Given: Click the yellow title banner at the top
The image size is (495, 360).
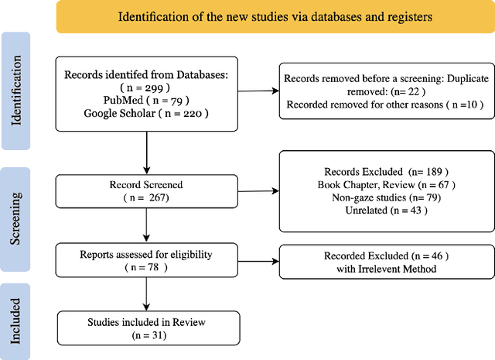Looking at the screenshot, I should point(275,17).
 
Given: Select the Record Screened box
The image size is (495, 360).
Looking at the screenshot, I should point(146,192).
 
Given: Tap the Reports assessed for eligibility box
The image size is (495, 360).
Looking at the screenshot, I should point(146,259).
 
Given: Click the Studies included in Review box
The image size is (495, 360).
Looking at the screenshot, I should point(146,327).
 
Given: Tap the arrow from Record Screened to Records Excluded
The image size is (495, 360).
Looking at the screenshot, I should point(256,192).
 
